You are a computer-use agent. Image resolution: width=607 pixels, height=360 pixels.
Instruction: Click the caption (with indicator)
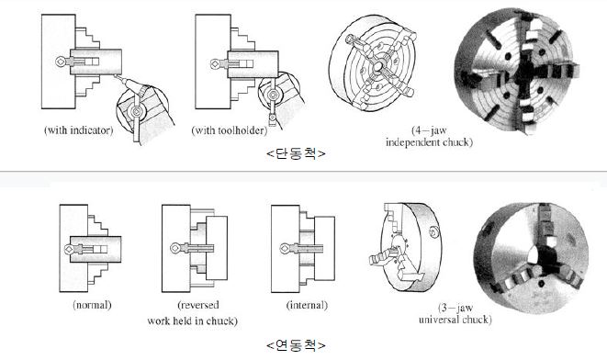[x=79, y=130]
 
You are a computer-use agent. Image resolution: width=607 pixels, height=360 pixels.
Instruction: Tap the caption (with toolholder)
[x=230, y=130]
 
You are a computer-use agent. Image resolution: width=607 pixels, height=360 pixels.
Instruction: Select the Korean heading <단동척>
[x=296, y=153]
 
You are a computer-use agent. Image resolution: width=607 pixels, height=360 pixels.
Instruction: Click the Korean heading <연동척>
[x=296, y=344]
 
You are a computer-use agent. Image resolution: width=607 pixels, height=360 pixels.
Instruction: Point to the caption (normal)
[x=92, y=305]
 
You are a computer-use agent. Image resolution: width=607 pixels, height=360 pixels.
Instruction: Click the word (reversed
[x=198, y=305]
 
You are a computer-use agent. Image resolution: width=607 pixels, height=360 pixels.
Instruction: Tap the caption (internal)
[x=307, y=306]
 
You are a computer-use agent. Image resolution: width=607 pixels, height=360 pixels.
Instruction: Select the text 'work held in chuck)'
[x=193, y=321]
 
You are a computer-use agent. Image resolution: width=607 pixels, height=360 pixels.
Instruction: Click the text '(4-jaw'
[x=429, y=130]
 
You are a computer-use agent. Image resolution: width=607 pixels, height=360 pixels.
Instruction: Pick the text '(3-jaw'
[x=455, y=309]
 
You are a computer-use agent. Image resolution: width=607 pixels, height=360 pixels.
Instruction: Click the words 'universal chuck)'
[x=455, y=320]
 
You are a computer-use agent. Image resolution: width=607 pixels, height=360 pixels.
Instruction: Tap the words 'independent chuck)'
[x=430, y=142]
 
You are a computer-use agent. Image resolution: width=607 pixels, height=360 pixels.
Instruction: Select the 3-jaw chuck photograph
[x=531, y=257]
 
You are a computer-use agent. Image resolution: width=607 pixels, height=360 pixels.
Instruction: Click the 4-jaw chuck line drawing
[x=373, y=63]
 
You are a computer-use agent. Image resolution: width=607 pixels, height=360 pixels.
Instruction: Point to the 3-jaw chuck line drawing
[x=405, y=247]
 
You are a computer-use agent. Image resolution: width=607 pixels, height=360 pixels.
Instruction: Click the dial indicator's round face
[x=136, y=111]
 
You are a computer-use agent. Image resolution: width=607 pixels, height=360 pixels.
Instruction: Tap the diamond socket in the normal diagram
[x=69, y=249]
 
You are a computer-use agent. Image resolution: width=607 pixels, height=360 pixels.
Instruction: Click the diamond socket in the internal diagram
[x=285, y=249]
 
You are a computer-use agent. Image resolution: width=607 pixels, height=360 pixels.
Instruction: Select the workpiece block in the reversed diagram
[x=217, y=248]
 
